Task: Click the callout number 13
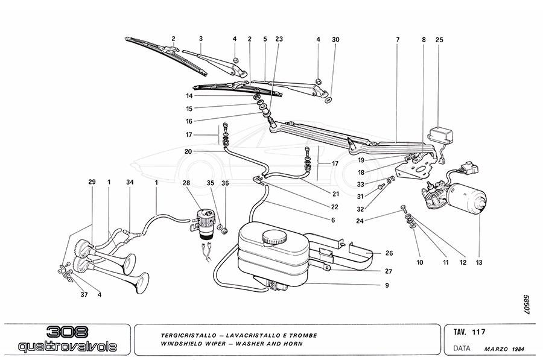[478, 262]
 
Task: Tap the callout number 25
[439, 40]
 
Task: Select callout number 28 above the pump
[186, 182]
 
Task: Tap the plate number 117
[480, 332]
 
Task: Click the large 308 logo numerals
[67, 332]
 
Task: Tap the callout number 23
[279, 40]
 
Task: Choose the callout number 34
[130, 182]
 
